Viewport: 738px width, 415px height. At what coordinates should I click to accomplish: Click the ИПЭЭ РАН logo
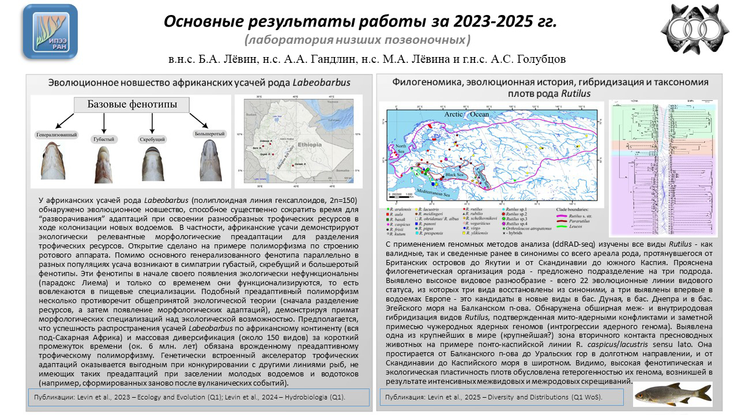click(x=50, y=32)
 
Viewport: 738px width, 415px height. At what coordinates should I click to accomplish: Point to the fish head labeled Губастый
click(x=104, y=164)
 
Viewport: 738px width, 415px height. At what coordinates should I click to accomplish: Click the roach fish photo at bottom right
click(x=673, y=393)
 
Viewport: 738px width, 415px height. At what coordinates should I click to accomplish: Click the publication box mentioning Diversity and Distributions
click(x=500, y=397)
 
